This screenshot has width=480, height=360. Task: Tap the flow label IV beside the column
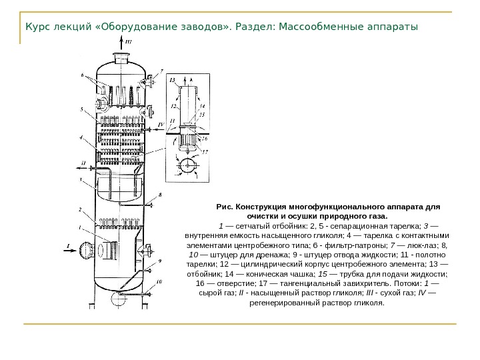(160, 124)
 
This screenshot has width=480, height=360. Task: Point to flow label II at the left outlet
(83, 163)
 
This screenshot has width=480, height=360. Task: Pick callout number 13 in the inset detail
(173, 80)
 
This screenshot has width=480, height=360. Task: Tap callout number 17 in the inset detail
(205, 152)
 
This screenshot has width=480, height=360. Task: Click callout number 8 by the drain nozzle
(160, 195)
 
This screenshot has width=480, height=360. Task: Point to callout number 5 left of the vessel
(82, 109)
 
